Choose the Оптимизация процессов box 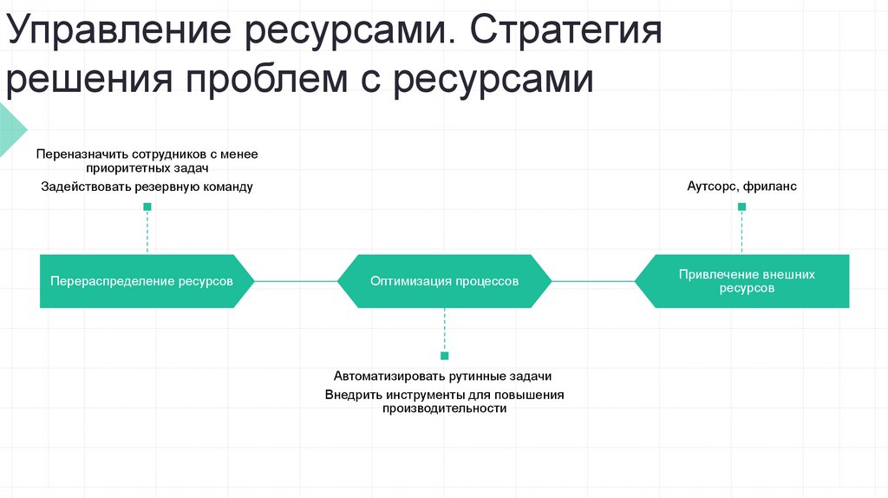pyautogui.click(x=444, y=281)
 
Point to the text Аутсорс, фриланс pyautogui.click(x=741, y=186)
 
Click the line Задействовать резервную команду pyautogui.click(x=147, y=187)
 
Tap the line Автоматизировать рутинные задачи pyautogui.click(x=443, y=377)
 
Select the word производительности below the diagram pyautogui.click(x=444, y=409)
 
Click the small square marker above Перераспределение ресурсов pyautogui.click(x=147, y=206)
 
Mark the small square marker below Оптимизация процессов pyautogui.click(x=445, y=356)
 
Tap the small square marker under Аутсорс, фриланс pyautogui.click(x=741, y=206)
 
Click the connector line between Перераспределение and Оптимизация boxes pyautogui.click(x=297, y=281)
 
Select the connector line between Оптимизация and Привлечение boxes pyautogui.click(x=593, y=281)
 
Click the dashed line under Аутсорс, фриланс pyautogui.click(x=742, y=232)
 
